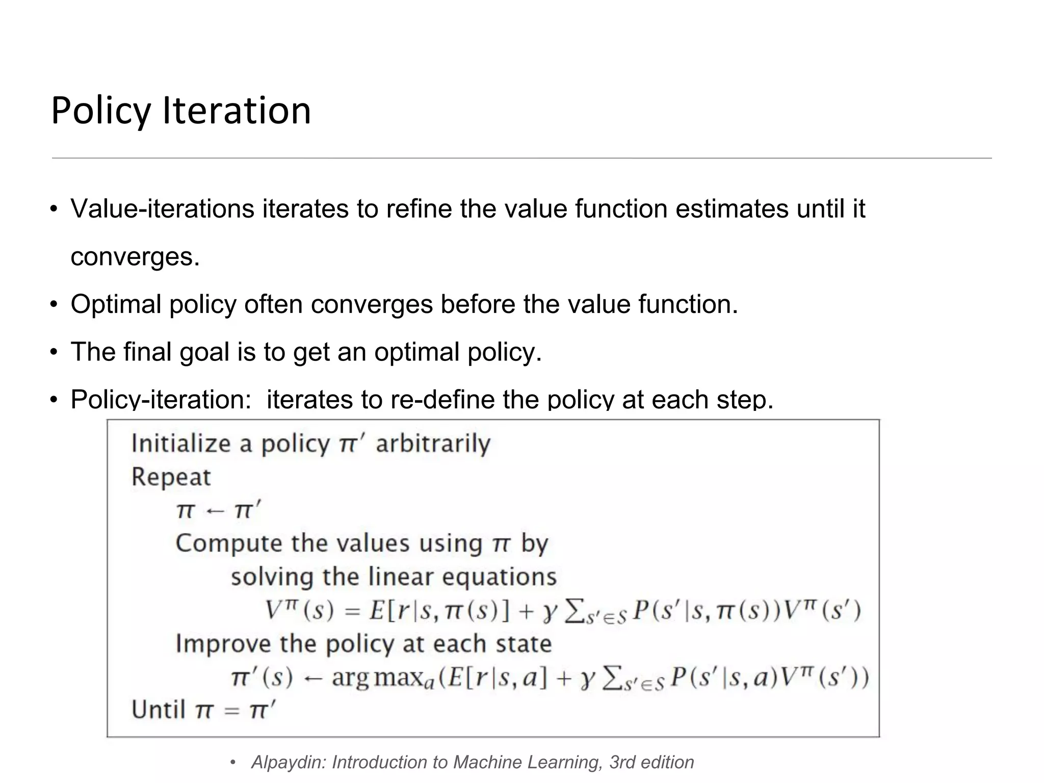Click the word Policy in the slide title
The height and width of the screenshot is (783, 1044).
click(101, 111)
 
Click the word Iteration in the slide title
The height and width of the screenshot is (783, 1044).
click(237, 111)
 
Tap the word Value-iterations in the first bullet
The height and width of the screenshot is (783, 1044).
click(162, 209)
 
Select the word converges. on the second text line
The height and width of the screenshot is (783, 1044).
click(135, 256)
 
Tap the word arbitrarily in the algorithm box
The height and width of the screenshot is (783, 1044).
click(433, 443)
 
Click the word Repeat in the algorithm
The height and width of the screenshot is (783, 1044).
click(171, 477)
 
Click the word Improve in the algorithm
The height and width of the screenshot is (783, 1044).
click(223, 644)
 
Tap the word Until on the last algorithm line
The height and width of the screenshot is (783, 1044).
click(158, 710)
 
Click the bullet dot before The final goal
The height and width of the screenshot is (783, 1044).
click(53, 352)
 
